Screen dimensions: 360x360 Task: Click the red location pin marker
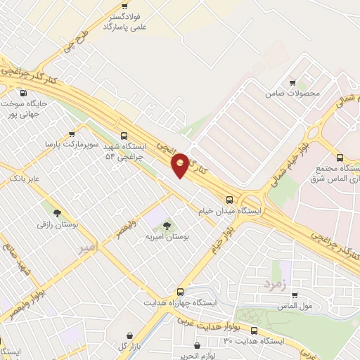181,165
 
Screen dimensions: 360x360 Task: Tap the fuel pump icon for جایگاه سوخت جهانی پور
24,92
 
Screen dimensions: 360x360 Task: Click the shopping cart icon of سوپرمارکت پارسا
72,134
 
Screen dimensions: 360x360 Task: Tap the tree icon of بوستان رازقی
56,213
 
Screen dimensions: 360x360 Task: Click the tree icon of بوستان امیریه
167,226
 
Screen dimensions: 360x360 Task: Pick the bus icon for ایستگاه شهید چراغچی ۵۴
124,136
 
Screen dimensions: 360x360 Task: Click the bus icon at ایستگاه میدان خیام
230,199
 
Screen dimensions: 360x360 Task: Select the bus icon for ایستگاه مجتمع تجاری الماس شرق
340,157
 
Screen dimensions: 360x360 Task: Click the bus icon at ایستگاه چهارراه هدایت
181,290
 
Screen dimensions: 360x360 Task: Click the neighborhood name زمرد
276,283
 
